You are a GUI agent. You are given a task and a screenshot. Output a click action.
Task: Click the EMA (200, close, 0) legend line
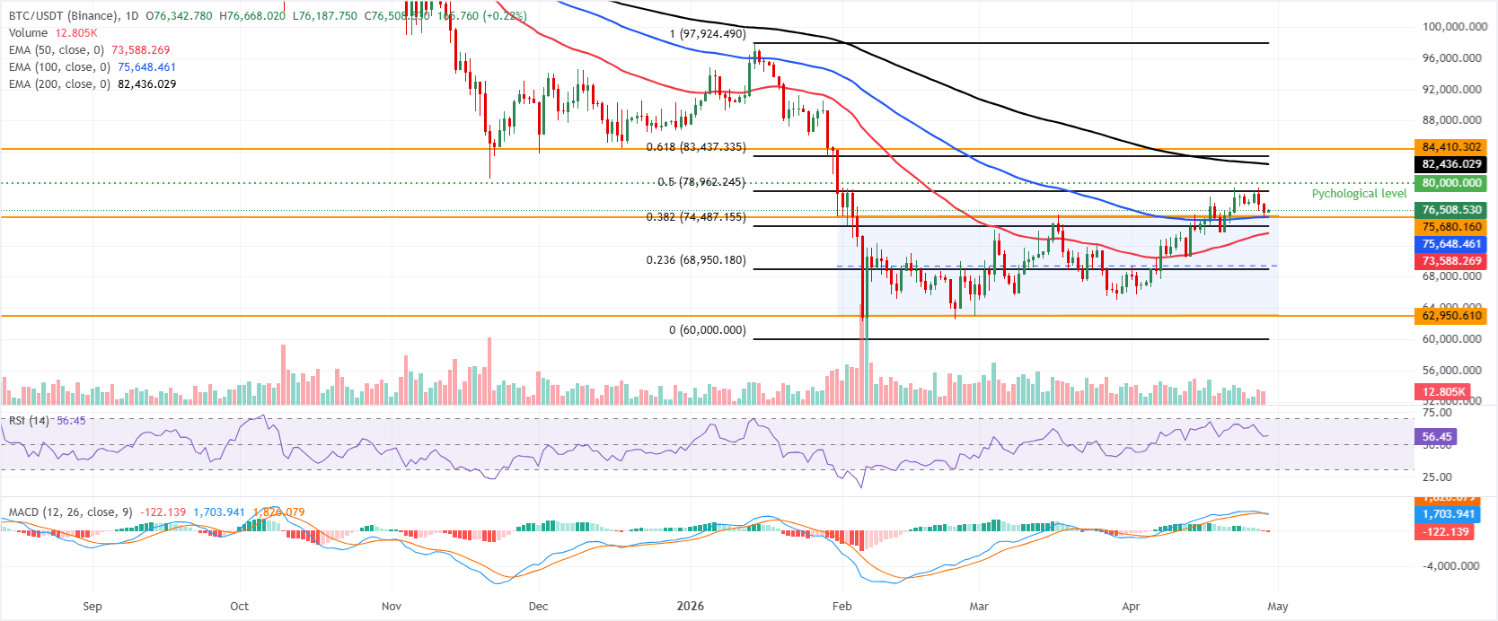point(92,84)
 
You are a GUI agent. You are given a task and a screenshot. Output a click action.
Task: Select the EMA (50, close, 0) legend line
point(89,50)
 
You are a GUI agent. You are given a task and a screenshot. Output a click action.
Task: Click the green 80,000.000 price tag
point(1450,183)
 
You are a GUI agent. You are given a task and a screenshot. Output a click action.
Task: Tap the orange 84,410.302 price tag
point(1450,147)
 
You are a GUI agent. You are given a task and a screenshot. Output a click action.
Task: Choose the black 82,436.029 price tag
point(1450,164)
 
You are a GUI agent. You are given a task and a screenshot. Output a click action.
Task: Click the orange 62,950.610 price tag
point(1450,316)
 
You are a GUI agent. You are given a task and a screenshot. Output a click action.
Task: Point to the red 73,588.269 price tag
point(1450,261)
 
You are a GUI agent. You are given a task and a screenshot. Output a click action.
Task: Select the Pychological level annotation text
point(1359,194)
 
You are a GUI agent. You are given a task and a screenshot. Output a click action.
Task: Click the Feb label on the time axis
point(842,607)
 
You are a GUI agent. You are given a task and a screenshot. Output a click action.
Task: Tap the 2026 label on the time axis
point(690,607)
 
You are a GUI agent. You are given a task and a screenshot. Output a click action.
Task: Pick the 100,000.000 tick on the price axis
point(1454,27)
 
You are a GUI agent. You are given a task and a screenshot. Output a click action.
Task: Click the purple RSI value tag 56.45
point(1436,437)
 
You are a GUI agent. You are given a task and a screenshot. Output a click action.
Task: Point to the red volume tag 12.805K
point(1443,392)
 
